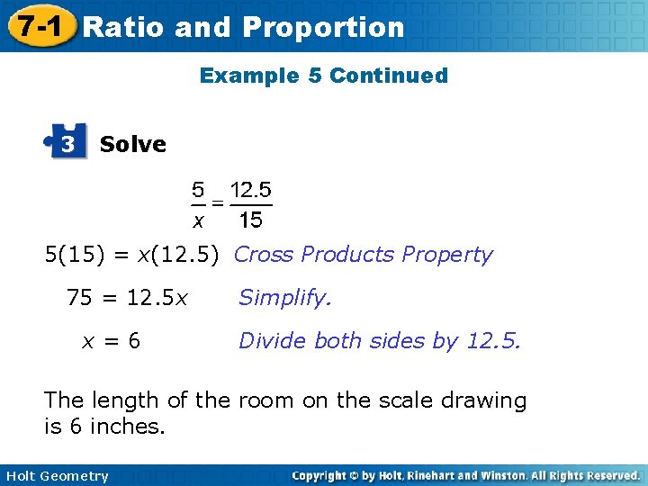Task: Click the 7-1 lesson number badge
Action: point(36,27)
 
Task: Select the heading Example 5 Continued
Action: point(324,76)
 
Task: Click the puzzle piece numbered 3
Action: point(68,142)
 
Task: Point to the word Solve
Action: point(133,144)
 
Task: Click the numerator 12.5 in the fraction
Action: point(251,191)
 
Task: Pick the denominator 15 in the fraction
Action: point(251,220)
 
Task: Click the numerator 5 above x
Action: point(197,191)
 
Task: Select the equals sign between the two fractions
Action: point(218,203)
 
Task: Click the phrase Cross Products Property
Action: point(363,255)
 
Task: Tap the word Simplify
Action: point(284,298)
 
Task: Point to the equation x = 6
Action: point(112,341)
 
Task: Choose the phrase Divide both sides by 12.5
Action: point(379,341)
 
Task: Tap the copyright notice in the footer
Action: point(465,475)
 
